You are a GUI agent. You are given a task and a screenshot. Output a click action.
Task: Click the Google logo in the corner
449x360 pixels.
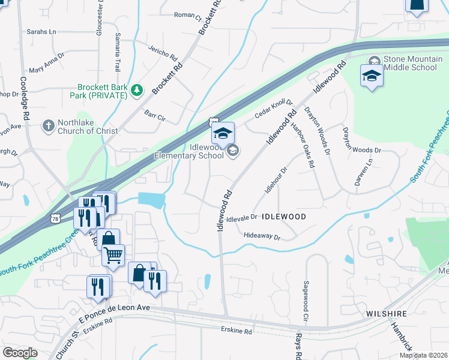tap(20, 353)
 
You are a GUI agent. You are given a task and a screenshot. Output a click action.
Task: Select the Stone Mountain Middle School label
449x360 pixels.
tap(410, 63)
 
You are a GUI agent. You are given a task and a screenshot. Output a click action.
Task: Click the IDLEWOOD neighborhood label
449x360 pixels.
tap(285, 216)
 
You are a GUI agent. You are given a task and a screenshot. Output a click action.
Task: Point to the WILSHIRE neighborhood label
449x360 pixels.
tap(387, 313)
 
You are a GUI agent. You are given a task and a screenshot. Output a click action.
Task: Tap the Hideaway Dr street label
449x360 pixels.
tap(262, 238)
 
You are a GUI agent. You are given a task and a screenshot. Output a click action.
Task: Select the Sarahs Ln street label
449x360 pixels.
tap(41, 31)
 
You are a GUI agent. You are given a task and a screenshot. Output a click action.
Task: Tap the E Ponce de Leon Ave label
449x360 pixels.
tap(113, 307)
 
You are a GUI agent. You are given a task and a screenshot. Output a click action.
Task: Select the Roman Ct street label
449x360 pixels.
tap(187, 14)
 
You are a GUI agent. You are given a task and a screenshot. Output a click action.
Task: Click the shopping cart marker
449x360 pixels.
tap(113, 256)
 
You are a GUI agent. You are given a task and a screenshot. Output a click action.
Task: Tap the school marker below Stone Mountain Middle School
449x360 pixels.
tap(372, 77)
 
